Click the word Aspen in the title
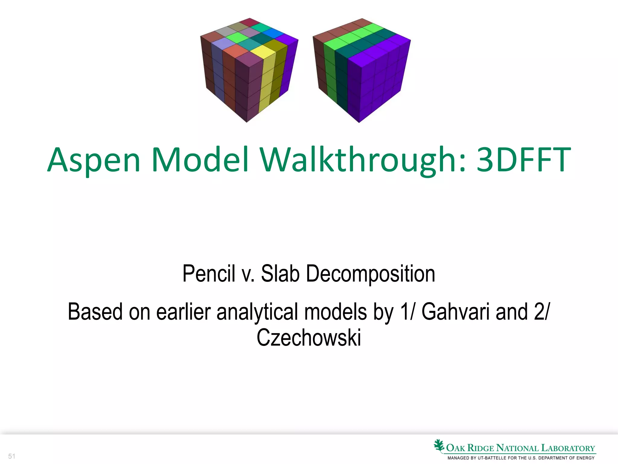(94, 160)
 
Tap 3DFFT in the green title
(524, 160)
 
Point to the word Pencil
(209, 273)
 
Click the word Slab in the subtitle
(280, 273)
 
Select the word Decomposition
(370, 273)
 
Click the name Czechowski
(309, 338)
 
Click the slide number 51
(11, 456)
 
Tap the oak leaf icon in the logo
(439, 446)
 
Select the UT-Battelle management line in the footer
(521, 458)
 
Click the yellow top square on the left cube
(263, 51)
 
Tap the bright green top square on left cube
(237, 37)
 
